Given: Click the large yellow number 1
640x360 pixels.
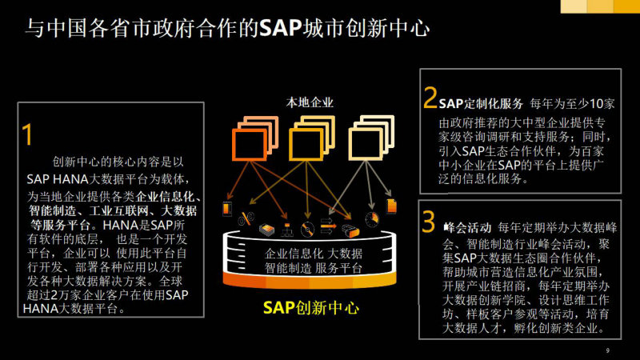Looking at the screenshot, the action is pyautogui.click(x=27, y=134).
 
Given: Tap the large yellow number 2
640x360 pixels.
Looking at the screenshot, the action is pyautogui.click(x=430, y=97).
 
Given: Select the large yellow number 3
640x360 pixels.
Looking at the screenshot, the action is pyautogui.click(x=428, y=222).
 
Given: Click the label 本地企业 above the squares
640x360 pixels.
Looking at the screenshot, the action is pyautogui.click(x=310, y=102).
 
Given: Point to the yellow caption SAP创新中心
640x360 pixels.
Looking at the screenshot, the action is pyautogui.click(x=311, y=307).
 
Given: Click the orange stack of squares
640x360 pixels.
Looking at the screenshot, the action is pyautogui.click(x=255, y=138).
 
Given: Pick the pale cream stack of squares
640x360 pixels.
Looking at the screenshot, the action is pyautogui.click(x=371, y=138).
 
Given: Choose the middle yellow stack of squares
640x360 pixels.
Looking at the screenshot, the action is pyautogui.click(x=312, y=138).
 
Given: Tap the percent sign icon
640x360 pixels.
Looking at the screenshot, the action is pyautogui.click(x=246, y=218).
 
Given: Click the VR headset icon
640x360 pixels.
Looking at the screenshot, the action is pyautogui.click(x=350, y=230).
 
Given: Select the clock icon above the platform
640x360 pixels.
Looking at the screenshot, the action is pyautogui.click(x=372, y=219).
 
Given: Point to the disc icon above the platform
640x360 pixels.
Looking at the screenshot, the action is pyautogui.click(x=307, y=230).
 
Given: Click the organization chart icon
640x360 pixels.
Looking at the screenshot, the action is pyautogui.click(x=287, y=230).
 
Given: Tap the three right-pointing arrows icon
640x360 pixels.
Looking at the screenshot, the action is pyautogui.click(x=328, y=226).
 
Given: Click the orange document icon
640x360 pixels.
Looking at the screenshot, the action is pyautogui.click(x=391, y=206).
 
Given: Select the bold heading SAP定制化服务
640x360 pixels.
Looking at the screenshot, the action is pyautogui.click(x=481, y=104).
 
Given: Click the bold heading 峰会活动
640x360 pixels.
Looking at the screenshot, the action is pyautogui.click(x=467, y=227).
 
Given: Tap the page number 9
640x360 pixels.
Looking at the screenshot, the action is pyautogui.click(x=608, y=350).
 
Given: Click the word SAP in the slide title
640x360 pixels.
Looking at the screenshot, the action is pyautogui.click(x=281, y=29).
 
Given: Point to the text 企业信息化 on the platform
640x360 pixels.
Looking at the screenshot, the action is pyautogui.click(x=289, y=254).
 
